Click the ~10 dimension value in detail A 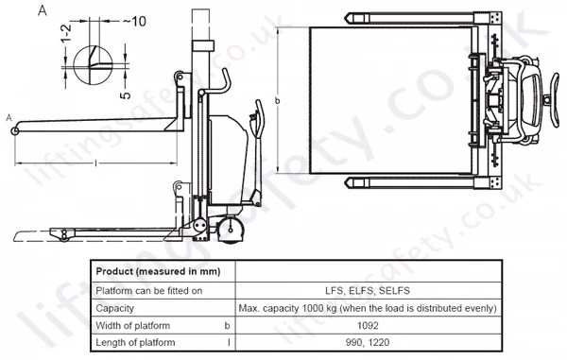click(134, 22)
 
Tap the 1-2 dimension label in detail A click(66, 34)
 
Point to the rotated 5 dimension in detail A click(125, 95)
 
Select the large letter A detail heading click(43, 10)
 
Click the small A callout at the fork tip click(9, 118)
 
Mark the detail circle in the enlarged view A click(74, 65)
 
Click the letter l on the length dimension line click(95, 163)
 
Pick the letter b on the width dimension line click(277, 100)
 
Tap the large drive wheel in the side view click(230, 230)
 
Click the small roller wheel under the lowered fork click(64, 238)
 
